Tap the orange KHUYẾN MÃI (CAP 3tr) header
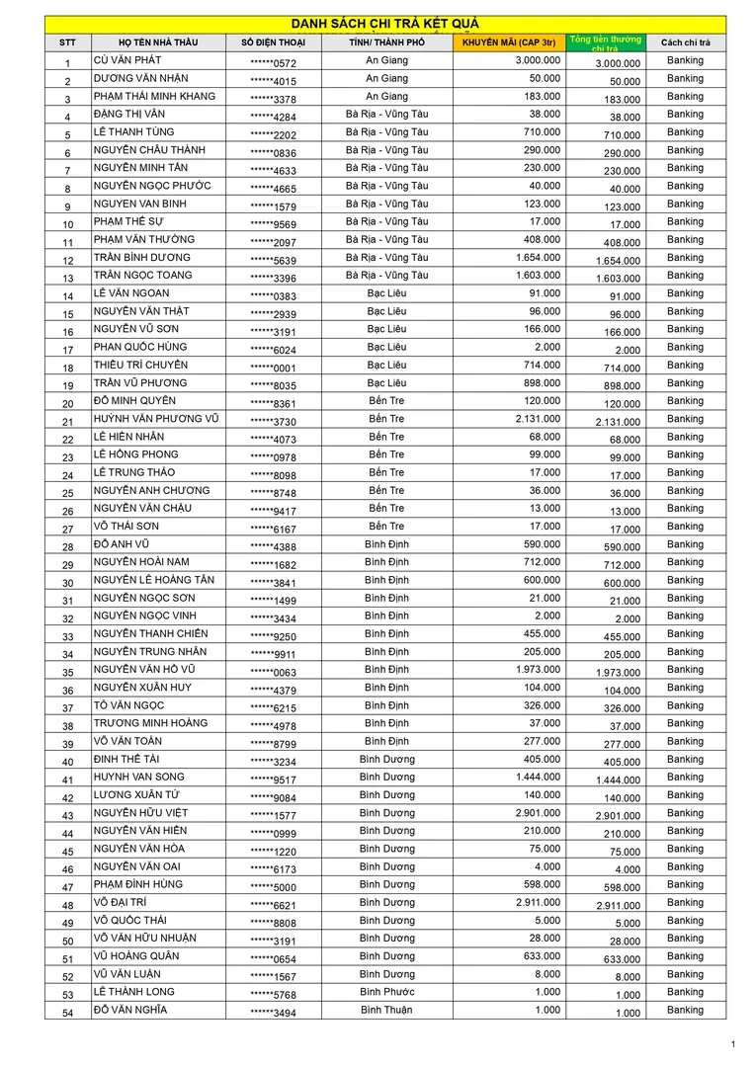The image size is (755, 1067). pyautogui.click(x=508, y=42)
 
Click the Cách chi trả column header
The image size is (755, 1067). pyautogui.click(x=685, y=43)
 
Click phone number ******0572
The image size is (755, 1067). pyautogui.click(x=273, y=63)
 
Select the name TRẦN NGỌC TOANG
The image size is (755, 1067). pyautogui.click(x=143, y=276)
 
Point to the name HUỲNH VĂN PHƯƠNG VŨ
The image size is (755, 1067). pyautogui.click(x=156, y=419)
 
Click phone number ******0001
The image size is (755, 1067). pyautogui.click(x=273, y=368)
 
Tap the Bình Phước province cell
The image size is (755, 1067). pyautogui.click(x=387, y=992)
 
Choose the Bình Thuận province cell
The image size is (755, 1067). pyautogui.click(x=386, y=1010)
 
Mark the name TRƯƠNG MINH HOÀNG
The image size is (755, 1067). pyautogui.click(x=151, y=723)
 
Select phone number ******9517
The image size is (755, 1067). pyautogui.click(x=273, y=780)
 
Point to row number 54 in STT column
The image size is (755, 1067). pyautogui.click(x=67, y=1013)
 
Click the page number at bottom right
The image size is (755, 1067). pyautogui.click(x=732, y=1044)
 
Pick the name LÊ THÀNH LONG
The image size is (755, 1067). pyautogui.click(x=133, y=992)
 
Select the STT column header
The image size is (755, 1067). pyautogui.click(x=67, y=43)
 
